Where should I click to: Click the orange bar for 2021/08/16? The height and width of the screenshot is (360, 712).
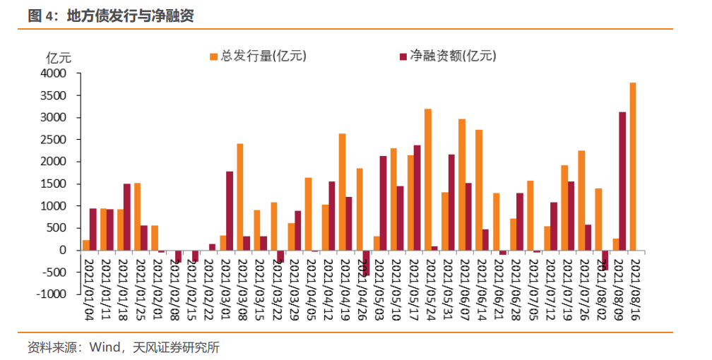pyautogui.click(x=633, y=167)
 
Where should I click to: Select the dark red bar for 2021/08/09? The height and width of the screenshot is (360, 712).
pyautogui.click(x=622, y=181)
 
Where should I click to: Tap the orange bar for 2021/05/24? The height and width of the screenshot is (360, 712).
pyautogui.click(x=428, y=179)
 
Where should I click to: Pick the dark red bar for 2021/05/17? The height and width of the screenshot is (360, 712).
pyautogui.click(x=417, y=198)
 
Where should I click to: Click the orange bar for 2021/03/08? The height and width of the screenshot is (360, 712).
pyautogui.click(x=240, y=197)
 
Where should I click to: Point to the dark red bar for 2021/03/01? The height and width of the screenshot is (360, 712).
pyautogui.click(x=230, y=210)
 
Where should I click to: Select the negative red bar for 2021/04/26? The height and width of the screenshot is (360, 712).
pyautogui.click(x=366, y=263)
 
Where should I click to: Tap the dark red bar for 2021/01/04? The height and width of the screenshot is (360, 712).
pyautogui.click(x=93, y=229)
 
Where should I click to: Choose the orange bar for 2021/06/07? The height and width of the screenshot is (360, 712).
pyautogui.click(x=462, y=184)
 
